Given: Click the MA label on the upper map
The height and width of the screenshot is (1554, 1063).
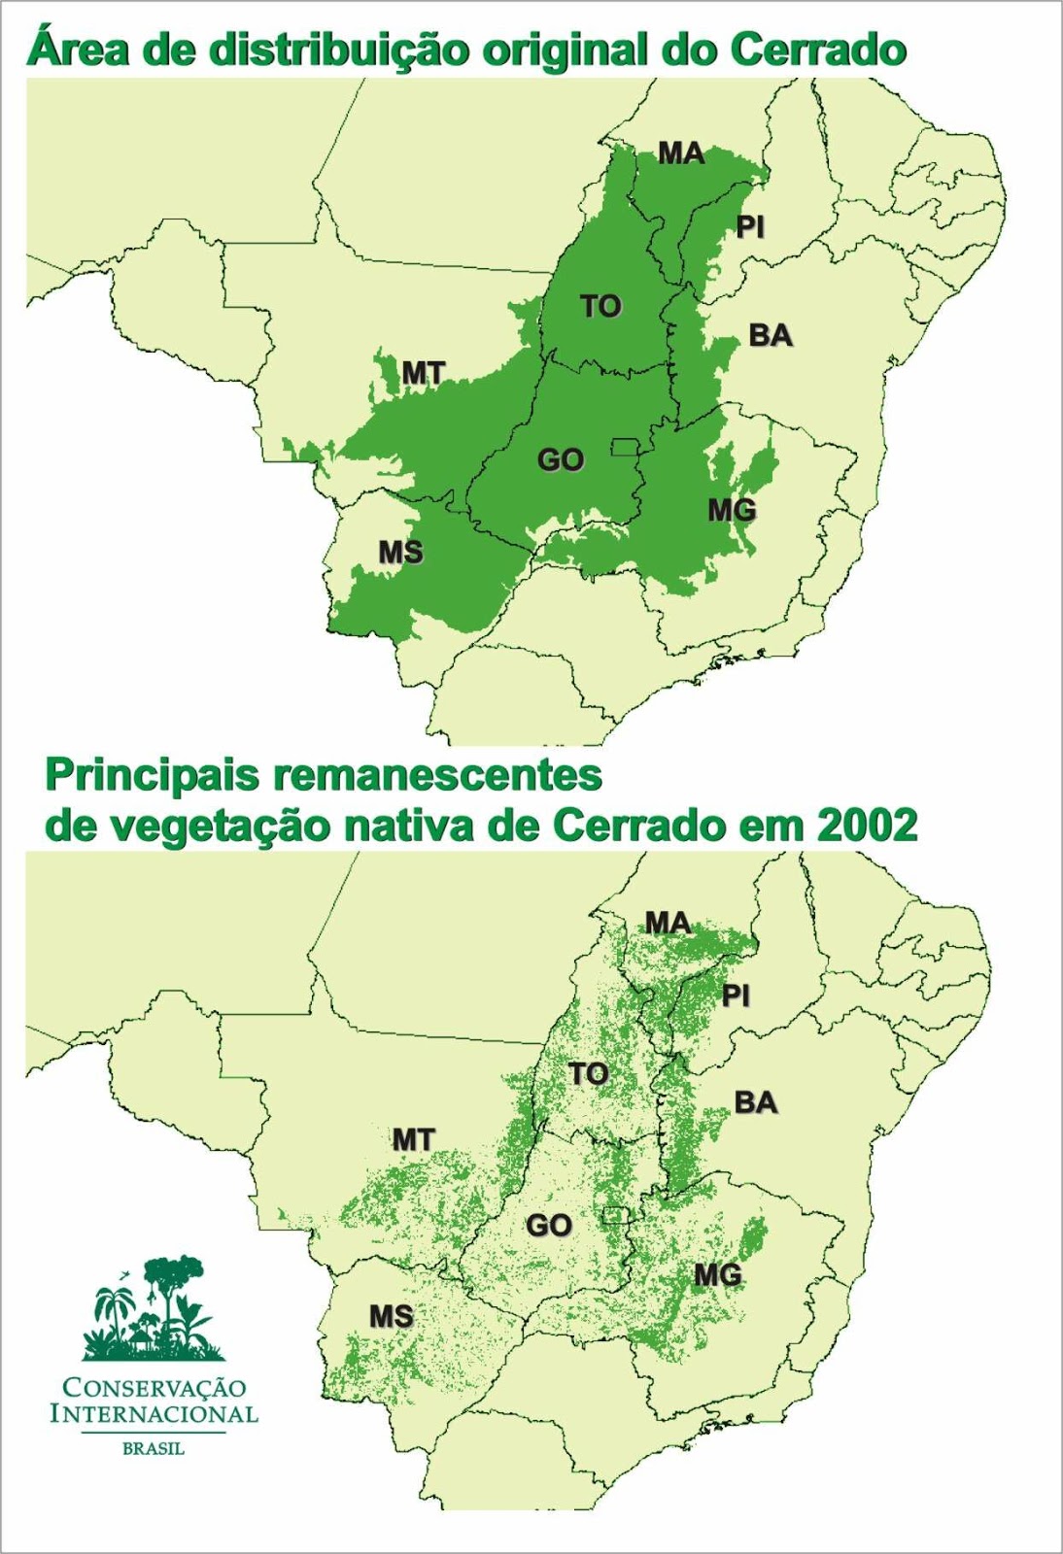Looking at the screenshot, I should tap(681, 152).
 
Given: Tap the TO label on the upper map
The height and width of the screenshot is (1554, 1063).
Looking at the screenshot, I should tap(600, 306).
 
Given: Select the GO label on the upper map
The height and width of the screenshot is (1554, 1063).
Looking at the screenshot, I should tap(561, 459).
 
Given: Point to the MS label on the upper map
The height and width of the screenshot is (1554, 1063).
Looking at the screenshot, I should tap(400, 553).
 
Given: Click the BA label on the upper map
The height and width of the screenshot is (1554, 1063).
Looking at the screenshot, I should tap(771, 336).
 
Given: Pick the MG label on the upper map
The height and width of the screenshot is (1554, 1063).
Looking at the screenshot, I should tap(732, 509).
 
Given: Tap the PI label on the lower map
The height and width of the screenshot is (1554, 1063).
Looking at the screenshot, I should tap(737, 996).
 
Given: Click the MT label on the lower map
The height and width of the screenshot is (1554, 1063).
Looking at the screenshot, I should tap(414, 1139).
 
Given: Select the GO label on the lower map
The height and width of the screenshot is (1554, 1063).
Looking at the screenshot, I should tap(549, 1226).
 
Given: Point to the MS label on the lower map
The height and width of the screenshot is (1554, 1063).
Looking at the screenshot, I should tap(392, 1317).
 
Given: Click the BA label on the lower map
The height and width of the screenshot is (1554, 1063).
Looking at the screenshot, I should tap(756, 1102).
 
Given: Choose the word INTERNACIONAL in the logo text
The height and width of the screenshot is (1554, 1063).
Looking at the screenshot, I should tap(154, 1411).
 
